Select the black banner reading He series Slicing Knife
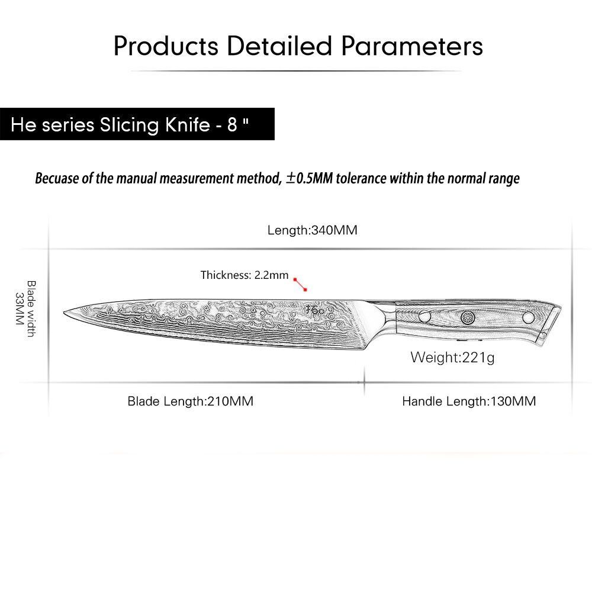(x=137, y=125)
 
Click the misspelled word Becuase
(x=59, y=178)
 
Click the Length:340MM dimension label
(x=312, y=230)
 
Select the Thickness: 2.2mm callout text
(x=244, y=275)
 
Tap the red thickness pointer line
(x=301, y=285)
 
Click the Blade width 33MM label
(x=25, y=308)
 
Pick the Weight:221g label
(x=452, y=358)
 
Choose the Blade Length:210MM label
(x=190, y=401)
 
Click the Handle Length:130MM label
(x=469, y=401)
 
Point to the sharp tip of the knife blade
(x=65, y=311)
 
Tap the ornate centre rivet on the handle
(x=468, y=317)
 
